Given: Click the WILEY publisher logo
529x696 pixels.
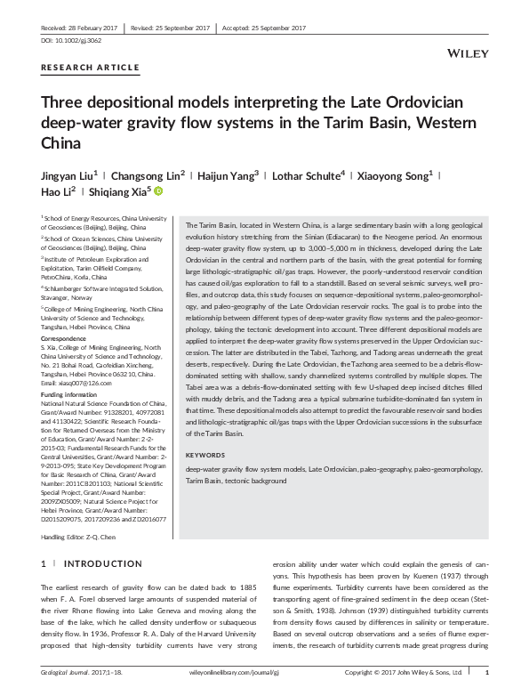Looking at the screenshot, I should pyautogui.click(x=470, y=54).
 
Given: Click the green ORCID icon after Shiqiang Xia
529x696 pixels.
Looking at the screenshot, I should pyautogui.click(x=160, y=190).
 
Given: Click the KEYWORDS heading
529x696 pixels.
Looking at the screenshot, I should pyautogui.click(x=205, y=456).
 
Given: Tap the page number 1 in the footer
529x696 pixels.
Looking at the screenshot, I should pyautogui.click(x=499, y=685).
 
